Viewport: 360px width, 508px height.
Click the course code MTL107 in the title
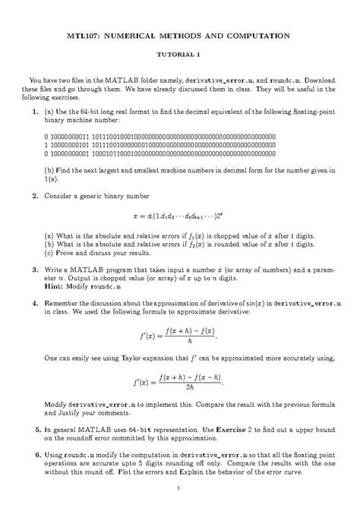point(84,35)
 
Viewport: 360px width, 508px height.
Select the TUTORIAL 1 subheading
point(179,55)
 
